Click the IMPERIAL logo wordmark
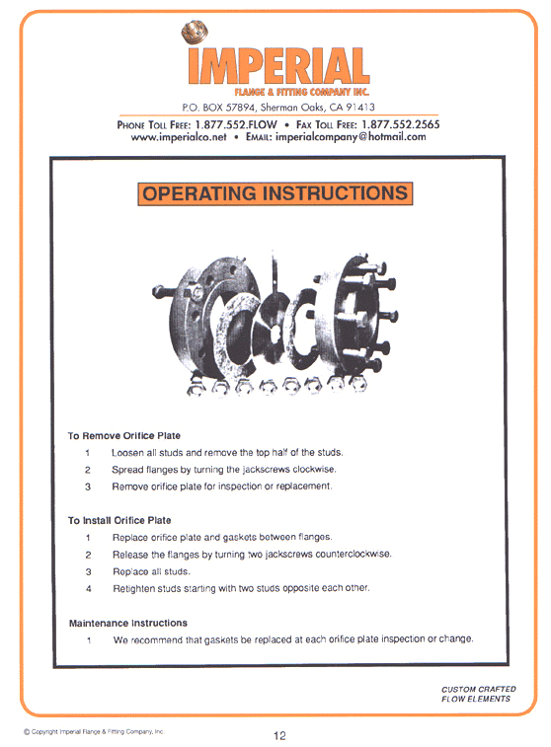point(275,66)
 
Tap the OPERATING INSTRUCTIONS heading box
point(275,193)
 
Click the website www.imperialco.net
point(179,137)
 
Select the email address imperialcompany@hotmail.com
point(351,137)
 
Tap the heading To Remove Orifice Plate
point(124,435)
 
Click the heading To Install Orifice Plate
point(119,520)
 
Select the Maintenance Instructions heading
point(127,624)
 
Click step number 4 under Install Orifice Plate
point(88,589)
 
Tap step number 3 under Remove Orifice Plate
point(88,486)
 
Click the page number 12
point(280,734)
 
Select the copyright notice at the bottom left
point(94,731)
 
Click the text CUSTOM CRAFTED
point(478,689)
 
